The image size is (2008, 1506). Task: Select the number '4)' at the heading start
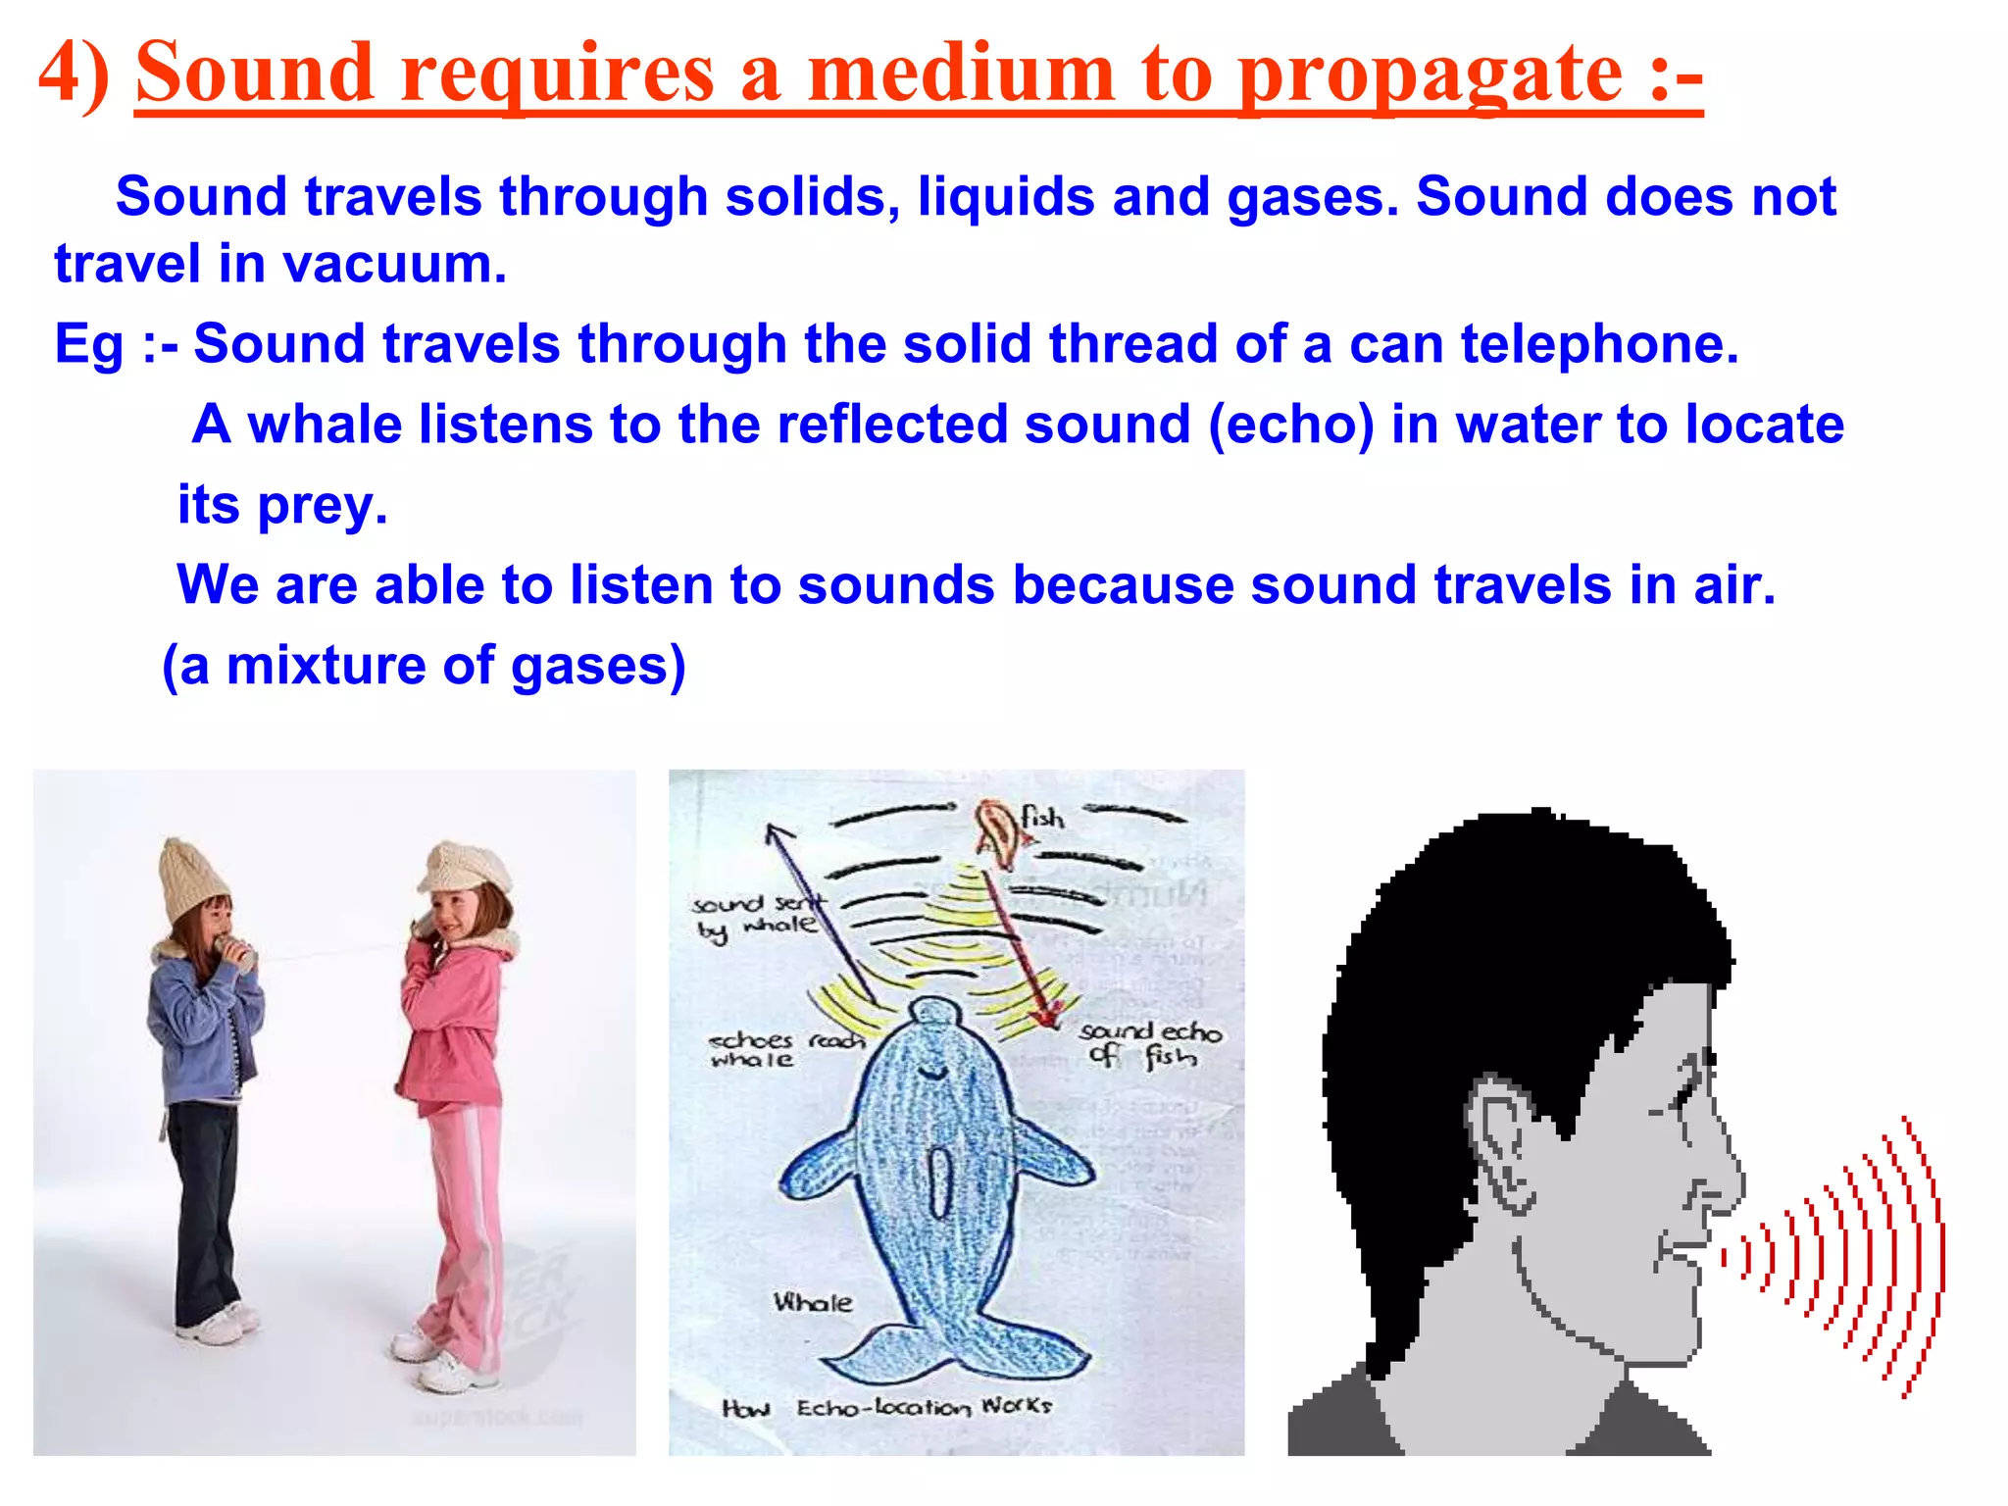(74, 74)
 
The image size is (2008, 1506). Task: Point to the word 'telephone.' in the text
(1599, 344)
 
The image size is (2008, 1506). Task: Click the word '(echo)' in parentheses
(1291, 426)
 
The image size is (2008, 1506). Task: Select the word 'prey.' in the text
(323, 506)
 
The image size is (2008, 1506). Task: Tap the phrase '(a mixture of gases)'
(424, 666)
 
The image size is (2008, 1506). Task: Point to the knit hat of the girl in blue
(193, 879)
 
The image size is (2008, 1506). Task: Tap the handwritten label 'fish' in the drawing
(1042, 817)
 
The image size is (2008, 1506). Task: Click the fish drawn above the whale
(998, 833)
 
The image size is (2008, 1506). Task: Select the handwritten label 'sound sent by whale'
(755, 916)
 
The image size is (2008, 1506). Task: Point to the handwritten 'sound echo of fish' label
(1149, 1043)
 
